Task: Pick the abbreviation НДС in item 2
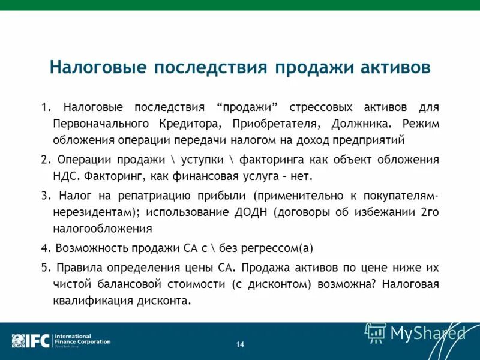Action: [65, 177]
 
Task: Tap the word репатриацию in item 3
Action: [148, 196]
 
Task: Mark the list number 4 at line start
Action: [44, 248]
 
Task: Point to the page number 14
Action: [240, 344]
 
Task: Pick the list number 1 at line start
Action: [44, 107]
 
